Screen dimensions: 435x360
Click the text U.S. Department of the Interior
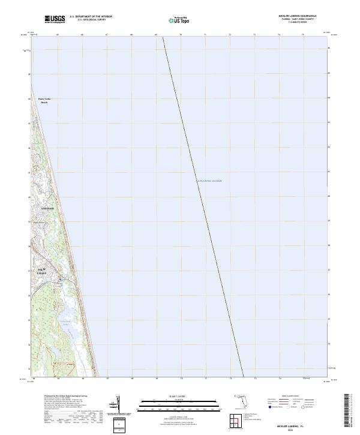91,17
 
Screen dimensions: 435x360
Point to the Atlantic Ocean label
209,181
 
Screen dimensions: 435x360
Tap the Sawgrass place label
47,208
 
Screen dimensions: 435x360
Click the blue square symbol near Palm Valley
60,279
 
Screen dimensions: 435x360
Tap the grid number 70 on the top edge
181,35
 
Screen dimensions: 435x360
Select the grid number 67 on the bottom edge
107,379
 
